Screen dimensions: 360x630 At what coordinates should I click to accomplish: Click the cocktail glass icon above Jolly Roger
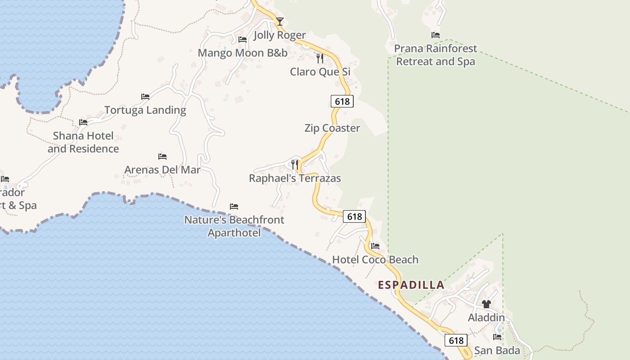pos(280,21)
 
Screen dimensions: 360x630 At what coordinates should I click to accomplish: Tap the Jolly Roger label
pos(279,35)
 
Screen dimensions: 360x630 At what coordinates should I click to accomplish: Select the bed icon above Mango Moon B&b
pos(243,40)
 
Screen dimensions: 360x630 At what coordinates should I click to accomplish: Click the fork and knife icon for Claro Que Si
pos(320,58)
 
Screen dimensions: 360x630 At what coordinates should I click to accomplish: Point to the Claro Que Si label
pos(320,72)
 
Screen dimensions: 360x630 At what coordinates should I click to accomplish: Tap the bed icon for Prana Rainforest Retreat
pos(435,35)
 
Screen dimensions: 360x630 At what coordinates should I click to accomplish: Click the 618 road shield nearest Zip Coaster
pos(342,101)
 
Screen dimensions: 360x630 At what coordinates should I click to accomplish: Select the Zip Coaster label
pos(332,128)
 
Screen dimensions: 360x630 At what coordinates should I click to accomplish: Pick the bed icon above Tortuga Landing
pos(145,96)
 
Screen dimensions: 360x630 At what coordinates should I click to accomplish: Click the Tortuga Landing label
pos(145,110)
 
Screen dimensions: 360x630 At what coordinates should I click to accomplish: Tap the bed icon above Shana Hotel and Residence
pos(83,122)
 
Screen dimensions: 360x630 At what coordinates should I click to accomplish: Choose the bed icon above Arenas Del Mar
pos(162,157)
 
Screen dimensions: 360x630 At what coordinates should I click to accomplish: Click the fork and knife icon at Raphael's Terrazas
pos(295,165)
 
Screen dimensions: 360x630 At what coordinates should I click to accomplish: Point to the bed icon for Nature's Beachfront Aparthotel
pos(234,207)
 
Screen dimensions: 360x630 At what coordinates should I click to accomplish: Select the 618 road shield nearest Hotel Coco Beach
pos(355,216)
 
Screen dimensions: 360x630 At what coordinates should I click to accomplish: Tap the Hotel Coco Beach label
pos(375,260)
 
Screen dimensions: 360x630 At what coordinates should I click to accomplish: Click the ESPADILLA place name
pos(411,285)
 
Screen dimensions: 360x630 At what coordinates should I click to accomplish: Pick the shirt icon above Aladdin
pos(486,304)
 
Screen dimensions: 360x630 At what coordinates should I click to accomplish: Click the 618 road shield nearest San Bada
pos(456,340)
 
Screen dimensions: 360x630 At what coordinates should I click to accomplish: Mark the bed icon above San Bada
pos(497,337)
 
